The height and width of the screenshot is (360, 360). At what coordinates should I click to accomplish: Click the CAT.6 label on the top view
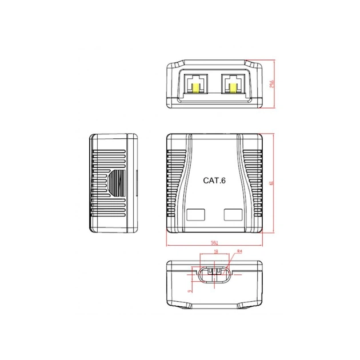coord(214,180)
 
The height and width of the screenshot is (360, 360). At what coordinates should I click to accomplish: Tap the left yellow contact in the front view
coord(198,89)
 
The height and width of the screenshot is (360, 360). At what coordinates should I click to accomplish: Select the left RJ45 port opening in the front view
coord(198,83)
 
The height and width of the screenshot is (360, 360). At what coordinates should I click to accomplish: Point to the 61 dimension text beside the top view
coord(271,183)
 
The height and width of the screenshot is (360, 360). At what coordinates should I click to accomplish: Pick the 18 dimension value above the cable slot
coord(215,251)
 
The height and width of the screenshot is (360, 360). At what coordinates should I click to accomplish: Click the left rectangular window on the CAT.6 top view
coord(196,215)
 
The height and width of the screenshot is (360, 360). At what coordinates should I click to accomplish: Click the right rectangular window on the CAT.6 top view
coord(233,215)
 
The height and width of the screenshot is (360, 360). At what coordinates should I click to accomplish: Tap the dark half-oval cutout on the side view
coord(118,183)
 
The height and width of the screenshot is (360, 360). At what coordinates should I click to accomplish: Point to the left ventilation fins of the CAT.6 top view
coord(175,183)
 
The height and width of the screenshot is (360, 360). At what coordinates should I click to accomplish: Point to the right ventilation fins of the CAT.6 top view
coord(253,183)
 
